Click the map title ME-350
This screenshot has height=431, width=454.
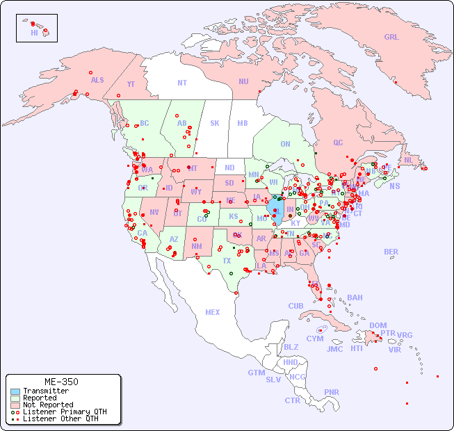[61, 382]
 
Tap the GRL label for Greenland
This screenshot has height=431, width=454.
[391, 38]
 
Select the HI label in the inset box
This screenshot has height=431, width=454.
[34, 33]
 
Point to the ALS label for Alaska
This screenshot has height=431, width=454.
[97, 80]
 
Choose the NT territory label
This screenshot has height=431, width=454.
[181, 83]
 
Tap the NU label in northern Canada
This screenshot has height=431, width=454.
[243, 81]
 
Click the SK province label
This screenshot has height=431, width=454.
[215, 123]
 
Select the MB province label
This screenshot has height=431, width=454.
[242, 123]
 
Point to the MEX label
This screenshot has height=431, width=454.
[213, 312]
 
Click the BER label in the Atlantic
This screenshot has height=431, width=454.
[391, 252]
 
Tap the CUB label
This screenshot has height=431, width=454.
[295, 306]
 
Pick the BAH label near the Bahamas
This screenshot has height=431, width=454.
[355, 298]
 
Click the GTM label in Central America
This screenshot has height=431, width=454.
[256, 373]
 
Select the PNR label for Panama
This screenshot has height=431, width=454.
[332, 392]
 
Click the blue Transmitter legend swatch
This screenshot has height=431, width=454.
[15, 391]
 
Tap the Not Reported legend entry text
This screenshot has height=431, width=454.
[48, 405]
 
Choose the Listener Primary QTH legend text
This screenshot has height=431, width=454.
[65, 412]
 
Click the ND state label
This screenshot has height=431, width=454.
[229, 168]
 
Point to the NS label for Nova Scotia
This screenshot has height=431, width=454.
[394, 186]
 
